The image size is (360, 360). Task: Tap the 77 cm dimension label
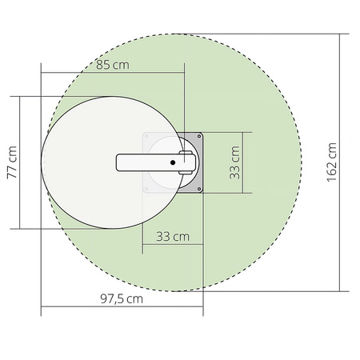tap(12, 162)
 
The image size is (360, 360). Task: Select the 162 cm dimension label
tap(332, 163)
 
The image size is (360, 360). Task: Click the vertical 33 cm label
tap(235, 162)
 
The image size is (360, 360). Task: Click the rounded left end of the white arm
tap(120, 162)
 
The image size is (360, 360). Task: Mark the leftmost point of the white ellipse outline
tap(42, 162)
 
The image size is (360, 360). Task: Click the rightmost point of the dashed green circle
tap(302, 162)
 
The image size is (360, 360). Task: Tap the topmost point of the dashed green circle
tap(172, 34)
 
